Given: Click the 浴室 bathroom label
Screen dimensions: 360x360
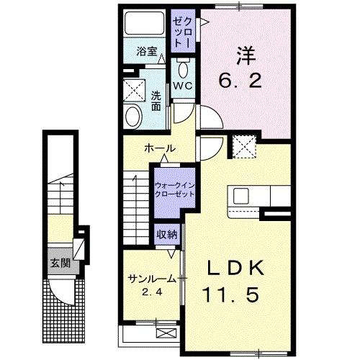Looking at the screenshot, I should (148, 52).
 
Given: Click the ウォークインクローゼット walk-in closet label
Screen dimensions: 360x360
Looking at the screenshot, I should (174, 189).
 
